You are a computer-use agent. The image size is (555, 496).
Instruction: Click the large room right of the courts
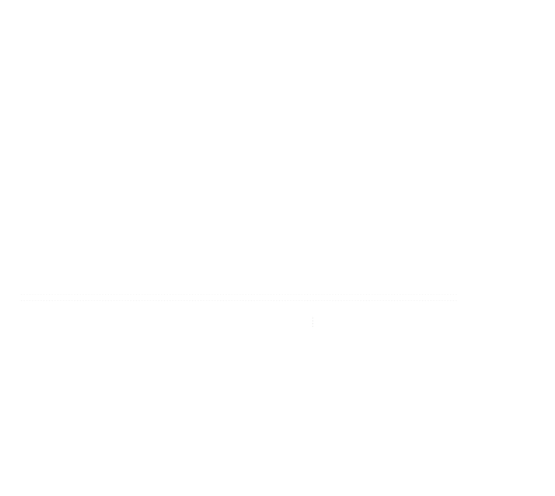pos(489,159)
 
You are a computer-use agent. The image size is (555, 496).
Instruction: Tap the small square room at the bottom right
pos(488,446)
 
